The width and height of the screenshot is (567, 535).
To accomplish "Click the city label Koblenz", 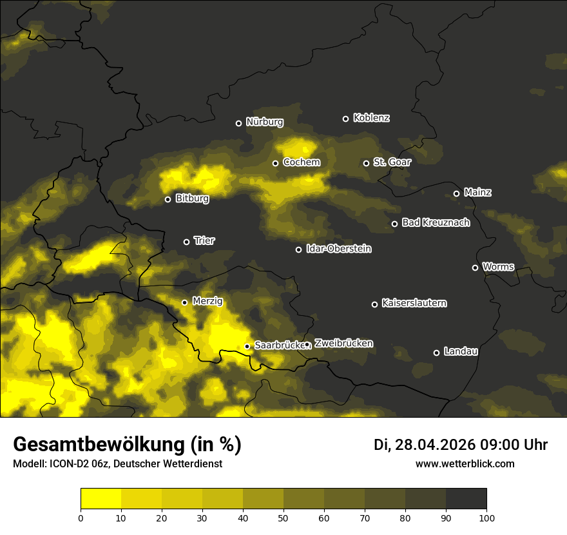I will (x=371, y=118).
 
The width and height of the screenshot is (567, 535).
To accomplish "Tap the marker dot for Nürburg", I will (x=238, y=123).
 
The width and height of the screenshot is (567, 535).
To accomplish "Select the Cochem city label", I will (x=301, y=162).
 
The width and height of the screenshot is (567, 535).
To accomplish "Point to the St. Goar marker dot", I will (x=366, y=163).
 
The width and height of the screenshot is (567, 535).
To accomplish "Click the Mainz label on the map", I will (x=477, y=192).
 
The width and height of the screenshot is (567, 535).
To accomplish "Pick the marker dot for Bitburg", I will (x=168, y=199).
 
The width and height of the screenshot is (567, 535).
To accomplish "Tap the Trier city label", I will (x=204, y=240).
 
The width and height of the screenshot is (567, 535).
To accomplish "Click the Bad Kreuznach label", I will (x=436, y=222).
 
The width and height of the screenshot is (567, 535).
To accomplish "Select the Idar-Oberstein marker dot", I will (x=298, y=249).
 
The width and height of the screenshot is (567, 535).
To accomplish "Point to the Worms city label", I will (x=498, y=266).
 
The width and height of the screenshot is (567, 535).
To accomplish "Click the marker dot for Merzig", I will (x=184, y=302).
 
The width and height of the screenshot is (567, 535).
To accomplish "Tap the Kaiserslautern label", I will (x=414, y=303).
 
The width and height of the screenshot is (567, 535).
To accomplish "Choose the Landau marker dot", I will (x=436, y=353).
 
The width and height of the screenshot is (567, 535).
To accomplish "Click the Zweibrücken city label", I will (x=343, y=344).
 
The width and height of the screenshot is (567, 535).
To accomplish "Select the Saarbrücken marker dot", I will (x=247, y=346).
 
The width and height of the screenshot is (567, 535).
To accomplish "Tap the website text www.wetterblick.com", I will (x=465, y=464).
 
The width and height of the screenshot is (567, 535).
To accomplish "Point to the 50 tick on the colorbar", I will (x=283, y=517).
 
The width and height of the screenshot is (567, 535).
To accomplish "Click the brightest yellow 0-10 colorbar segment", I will (x=101, y=499).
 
